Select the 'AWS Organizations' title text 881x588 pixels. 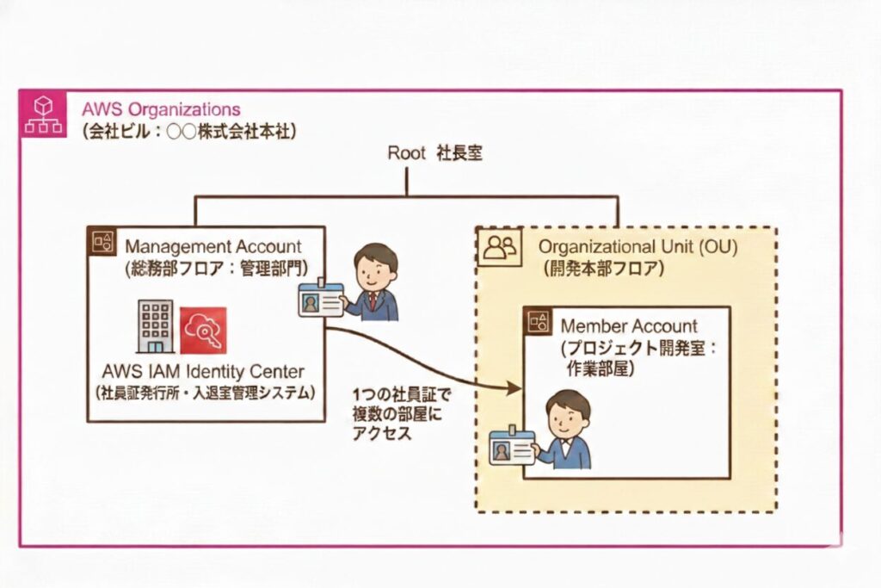[161, 110]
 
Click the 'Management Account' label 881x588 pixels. [213, 247]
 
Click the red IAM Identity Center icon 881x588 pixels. [203, 331]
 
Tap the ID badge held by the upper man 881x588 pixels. [320, 300]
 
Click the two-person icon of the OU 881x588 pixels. [500, 248]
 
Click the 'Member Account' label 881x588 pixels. [629, 326]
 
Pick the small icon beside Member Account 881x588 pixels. [539, 323]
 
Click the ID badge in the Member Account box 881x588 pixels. [512, 447]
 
